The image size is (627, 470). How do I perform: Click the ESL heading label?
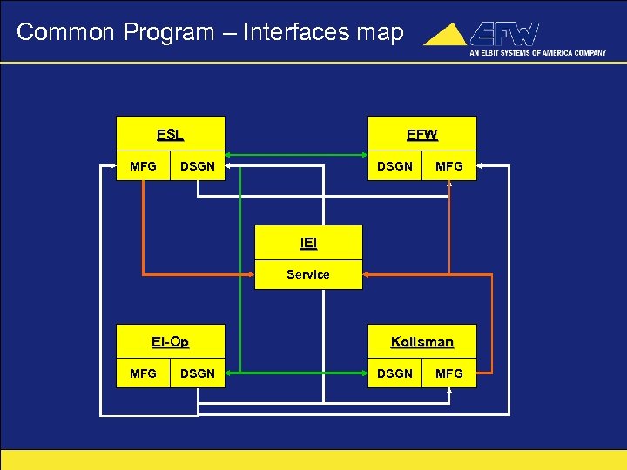170,135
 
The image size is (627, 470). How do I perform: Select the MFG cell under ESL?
143,166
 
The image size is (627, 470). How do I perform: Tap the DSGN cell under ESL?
197,166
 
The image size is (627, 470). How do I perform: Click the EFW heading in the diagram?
422,135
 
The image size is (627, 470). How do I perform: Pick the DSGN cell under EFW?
394,166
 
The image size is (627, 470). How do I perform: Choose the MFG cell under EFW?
449,166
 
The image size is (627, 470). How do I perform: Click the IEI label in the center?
308,245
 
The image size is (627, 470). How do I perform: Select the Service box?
308,274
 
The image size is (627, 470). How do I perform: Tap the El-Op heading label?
170,342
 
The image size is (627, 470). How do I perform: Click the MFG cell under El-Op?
143,373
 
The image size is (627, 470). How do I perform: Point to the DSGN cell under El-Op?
197,373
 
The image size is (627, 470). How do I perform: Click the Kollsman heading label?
422,342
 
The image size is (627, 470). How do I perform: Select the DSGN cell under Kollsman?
394,373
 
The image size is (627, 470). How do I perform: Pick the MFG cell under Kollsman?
449,373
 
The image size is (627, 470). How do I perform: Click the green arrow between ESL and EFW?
296,158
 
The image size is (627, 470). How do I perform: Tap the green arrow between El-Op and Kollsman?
296,373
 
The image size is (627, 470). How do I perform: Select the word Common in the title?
66,33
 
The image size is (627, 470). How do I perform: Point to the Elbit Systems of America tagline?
537,52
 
